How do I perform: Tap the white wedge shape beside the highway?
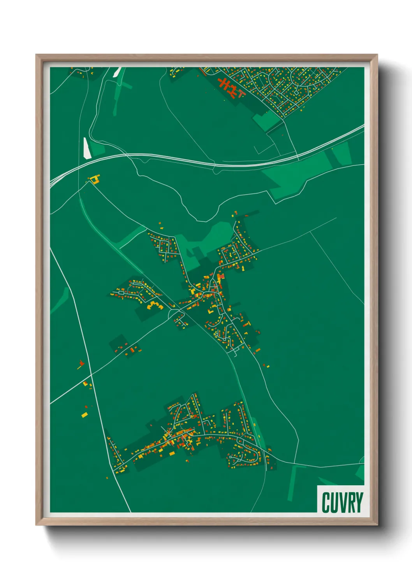coord(87,148)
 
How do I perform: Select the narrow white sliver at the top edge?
coord(117,72)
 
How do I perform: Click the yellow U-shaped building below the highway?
coord(94,179)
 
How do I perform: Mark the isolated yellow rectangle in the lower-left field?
coord(85,415)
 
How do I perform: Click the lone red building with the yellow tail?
coord(81,364)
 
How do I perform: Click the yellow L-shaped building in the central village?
coord(211,311)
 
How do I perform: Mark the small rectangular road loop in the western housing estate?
coord(121,292)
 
